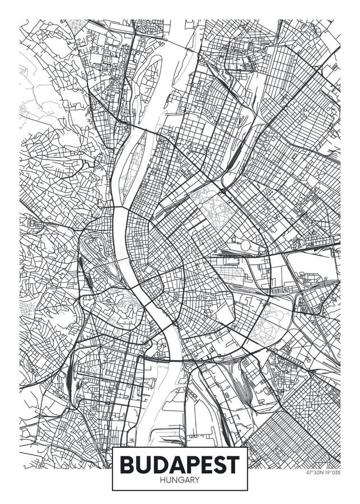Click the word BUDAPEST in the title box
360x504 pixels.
click(x=179, y=464)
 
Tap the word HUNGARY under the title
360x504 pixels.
click(x=179, y=480)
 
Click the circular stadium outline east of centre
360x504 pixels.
click(x=245, y=245)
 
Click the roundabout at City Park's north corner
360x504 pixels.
click(x=222, y=190)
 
